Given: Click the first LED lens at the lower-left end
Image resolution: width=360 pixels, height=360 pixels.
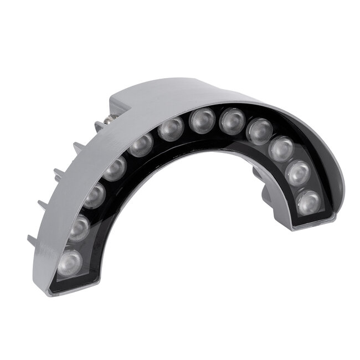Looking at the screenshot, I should [70, 261].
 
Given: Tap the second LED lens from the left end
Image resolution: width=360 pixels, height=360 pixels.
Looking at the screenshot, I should [80, 226].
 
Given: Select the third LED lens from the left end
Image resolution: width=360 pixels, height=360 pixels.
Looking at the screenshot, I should [95, 195].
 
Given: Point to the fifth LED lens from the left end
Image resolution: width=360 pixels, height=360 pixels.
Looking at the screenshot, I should [141, 146].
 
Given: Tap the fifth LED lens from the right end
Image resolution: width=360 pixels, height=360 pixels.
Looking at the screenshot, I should [231, 121].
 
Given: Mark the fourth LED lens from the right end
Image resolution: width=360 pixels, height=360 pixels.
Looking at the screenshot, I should [259, 131].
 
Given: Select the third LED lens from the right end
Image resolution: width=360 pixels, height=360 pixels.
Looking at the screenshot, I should [282, 148].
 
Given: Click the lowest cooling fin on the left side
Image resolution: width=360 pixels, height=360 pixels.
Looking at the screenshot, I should [34, 241].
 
